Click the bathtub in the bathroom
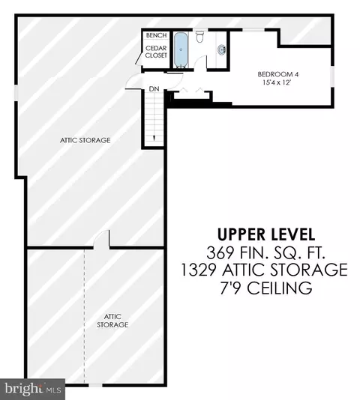(x=181, y=50)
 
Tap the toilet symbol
(x=199, y=37)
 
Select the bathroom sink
(x=222, y=49)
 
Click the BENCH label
(x=156, y=35)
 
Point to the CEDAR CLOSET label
(x=156, y=52)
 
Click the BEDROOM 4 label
(x=278, y=74)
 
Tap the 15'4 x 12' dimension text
(x=277, y=82)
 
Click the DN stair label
(x=154, y=89)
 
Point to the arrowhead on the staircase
(x=154, y=138)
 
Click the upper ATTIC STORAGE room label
(x=85, y=140)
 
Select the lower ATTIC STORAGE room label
(x=112, y=321)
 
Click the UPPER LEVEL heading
(x=266, y=234)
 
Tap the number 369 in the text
(x=220, y=252)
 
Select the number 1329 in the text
(x=198, y=270)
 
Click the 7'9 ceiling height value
(x=230, y=288)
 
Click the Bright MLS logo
(x=32, y=389)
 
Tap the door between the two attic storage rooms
(x=102, y=238)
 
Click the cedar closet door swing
(x=139, y=59)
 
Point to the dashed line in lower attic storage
(x=84, y=315)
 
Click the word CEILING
(x=279, y=288)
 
